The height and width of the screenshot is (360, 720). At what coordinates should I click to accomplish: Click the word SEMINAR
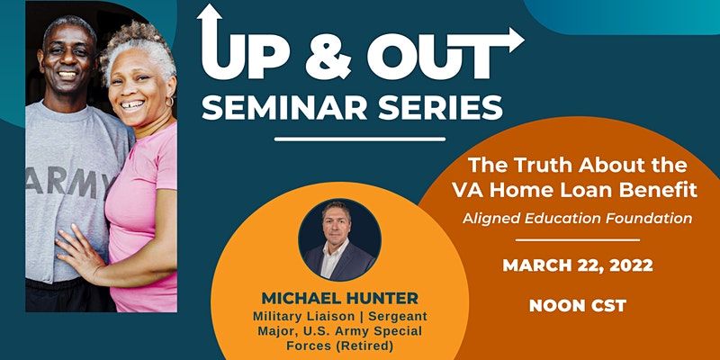(x=284, y=109)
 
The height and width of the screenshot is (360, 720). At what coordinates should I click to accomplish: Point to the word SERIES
(x=440, y=109)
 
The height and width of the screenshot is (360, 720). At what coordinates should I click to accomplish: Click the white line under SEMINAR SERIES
(x=360, y=139)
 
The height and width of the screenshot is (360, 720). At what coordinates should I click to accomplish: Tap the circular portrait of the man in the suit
(x=339, y=239)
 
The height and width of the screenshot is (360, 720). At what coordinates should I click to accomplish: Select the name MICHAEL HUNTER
(x=340, y=298)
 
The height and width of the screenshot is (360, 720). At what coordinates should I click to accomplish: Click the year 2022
(x=633, y=265)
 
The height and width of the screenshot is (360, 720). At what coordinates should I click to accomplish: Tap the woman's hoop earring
(x=169, y=102)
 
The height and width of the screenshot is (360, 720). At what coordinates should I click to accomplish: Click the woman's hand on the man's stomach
(x=78, y=251)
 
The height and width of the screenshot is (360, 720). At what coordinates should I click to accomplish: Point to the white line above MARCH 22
(x=578, y=239)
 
